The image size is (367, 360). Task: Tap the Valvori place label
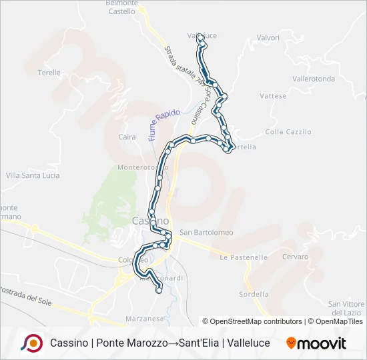pos(268,38)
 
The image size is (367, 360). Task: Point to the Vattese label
pos(273,96)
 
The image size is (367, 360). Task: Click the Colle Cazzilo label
pos(288,132)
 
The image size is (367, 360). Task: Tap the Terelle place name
pos(49,73)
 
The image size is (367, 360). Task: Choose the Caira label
pos(127,137)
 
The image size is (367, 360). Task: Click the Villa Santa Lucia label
pos(33,175)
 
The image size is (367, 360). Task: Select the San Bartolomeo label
pos(206,233)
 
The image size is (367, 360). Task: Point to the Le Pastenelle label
pos(244,257)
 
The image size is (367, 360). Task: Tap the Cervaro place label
pos(295,257)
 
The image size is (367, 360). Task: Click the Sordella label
pos(254,294)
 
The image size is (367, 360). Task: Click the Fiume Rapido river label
pos(163,125)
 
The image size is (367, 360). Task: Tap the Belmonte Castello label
pos(121,7)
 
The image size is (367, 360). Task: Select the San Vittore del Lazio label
pos(346,308)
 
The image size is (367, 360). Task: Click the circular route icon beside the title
pos(31,343)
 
